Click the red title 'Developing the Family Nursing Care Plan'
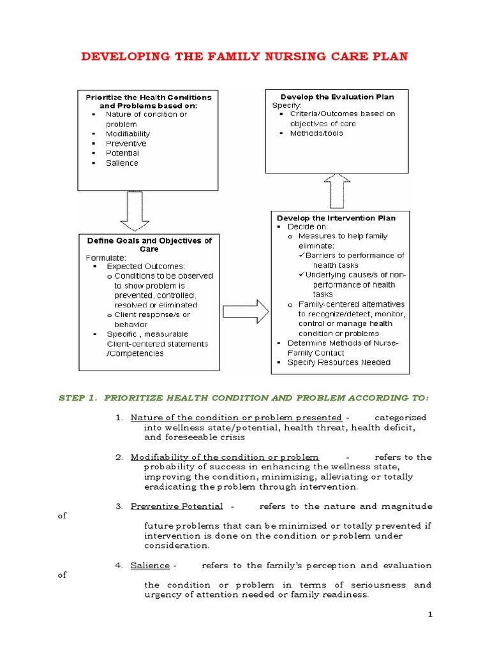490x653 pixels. (x=244, y=57)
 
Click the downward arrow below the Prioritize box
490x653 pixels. (x=134, y=210)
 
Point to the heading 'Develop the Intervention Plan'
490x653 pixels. (x=336, y=218)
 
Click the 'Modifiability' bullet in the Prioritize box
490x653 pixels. (x=128, y=134)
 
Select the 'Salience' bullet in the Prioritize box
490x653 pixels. (x=122, y=163)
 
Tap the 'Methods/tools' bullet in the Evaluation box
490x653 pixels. (x=316, y=133)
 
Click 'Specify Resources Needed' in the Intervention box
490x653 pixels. (x=339, y=362)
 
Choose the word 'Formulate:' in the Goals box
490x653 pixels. (x=105, y=258)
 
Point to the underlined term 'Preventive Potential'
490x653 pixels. (x=177, y=506)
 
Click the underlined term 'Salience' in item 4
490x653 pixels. (x=150, y=566)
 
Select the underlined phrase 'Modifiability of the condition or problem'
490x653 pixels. (x=225, y=457)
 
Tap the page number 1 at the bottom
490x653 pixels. (x=431, y=614)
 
